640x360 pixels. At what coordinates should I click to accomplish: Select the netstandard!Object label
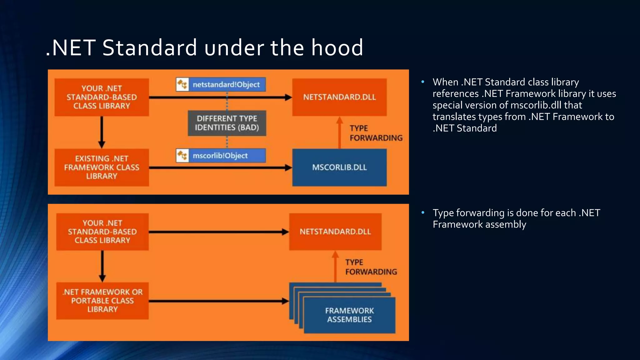click(x=226, y=85)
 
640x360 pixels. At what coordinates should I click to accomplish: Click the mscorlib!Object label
click(x=220, y=156)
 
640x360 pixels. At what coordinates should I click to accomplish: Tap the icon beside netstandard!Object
click(x=182, y=85)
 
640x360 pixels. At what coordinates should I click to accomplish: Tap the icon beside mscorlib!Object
click(x=182, y=156)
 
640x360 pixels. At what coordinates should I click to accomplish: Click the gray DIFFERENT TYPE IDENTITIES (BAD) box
click(x=227, y=123)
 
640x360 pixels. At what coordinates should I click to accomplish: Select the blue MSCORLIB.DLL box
click(x=339, y=167)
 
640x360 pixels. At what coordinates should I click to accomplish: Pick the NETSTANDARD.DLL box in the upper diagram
click(x=339, y=97)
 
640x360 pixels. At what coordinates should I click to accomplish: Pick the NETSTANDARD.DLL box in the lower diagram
click(x=335, y=232)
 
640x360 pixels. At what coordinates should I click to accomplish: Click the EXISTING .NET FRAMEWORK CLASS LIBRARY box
click(x=102, y=167)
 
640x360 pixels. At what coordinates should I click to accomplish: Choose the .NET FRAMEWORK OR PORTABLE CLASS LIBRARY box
click(x=102, y=301)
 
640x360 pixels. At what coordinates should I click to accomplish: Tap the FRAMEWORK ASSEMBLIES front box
click(x=349, y=315)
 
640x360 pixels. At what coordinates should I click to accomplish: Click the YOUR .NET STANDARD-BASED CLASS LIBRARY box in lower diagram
click(x=102, y=232)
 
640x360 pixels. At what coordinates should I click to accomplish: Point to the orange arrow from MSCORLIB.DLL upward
click(x=340, y=133)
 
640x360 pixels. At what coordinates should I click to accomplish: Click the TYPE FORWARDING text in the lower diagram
click(x=371, y=267)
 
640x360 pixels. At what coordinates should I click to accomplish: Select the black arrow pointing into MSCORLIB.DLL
click(x=219, y=168)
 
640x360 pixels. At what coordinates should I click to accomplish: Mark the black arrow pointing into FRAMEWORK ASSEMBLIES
click(x=219, y=301)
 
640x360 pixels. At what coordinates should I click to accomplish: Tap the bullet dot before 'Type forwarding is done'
click(x=423, y=212)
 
